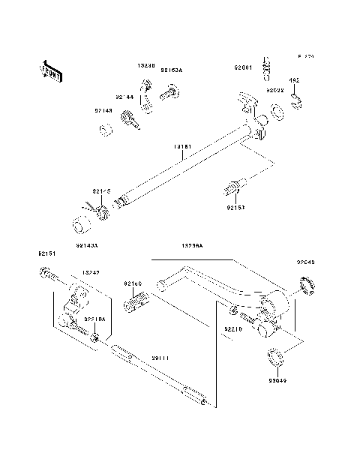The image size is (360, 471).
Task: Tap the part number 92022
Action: point(274,91)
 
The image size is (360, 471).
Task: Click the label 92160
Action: point(133,284)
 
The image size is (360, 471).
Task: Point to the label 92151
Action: point(46,254)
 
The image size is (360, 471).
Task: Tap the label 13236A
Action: point(193,245)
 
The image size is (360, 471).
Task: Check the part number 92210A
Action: point(95,319)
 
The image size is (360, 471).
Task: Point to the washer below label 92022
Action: point(277,112)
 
